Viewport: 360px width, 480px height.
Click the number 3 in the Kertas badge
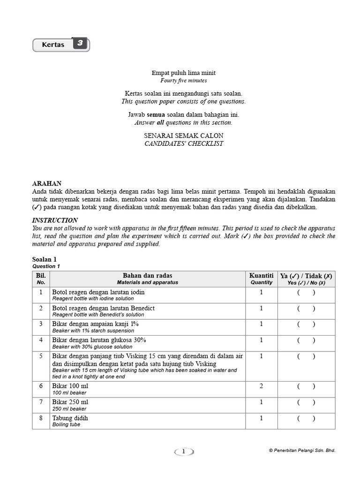point(80,44)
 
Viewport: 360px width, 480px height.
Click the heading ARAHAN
point(46,183)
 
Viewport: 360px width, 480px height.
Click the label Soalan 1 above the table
point(45,259)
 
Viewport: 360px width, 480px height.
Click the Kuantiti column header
point(262,276)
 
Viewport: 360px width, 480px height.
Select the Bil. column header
point(41,276)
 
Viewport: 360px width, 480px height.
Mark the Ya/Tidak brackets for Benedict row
point(306,308)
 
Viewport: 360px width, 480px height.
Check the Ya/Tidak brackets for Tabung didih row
point(306,418)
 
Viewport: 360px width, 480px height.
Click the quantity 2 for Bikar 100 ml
point(262,386)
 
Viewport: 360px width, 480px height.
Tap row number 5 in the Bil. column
point(41,356)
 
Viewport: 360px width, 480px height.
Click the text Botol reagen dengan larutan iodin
point(98,292)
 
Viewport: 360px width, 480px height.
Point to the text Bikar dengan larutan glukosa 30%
point(99,339)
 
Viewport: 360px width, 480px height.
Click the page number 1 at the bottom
point(184,451)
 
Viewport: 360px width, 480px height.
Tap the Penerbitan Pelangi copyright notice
point(302,450)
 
